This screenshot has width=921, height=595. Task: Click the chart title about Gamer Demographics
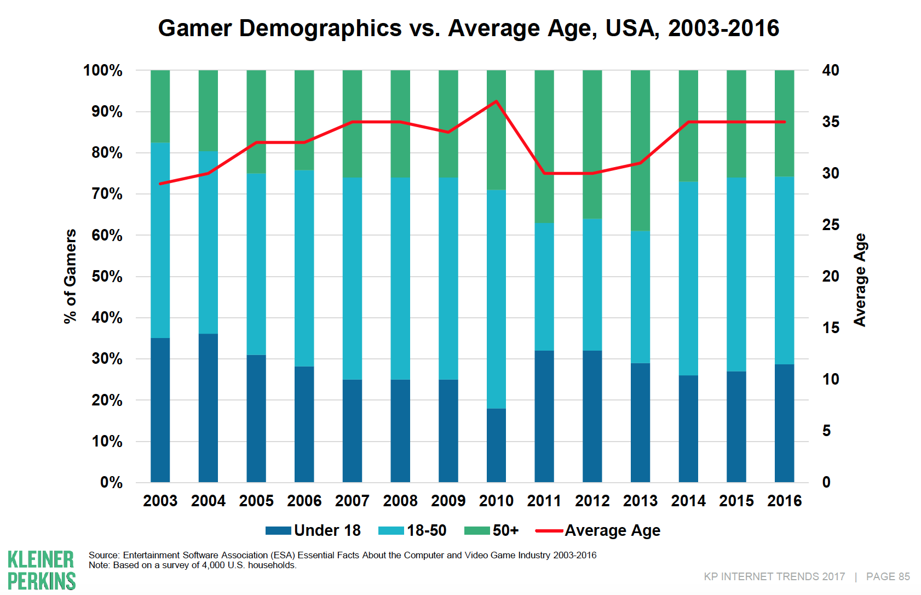(468, 28)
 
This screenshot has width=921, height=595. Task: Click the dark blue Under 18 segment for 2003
(160, 410)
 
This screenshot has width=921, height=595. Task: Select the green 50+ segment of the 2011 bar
(544, 146)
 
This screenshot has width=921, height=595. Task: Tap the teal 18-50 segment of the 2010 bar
(496, 299)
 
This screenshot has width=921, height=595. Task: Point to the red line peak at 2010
(496, 101)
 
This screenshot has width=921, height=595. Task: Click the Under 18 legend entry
(313, 530)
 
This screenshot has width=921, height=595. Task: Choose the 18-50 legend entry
(413, 530)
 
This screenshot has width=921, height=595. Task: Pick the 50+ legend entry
(491, 530)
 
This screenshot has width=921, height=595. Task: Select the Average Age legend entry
(598, 530)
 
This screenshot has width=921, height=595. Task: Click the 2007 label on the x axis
(352, 501)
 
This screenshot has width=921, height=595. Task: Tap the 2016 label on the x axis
(784, 501)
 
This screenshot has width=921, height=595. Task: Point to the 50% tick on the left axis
(107, 276)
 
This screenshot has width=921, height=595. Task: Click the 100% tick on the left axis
(102, 70)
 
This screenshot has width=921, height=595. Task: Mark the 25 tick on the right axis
(831, 225)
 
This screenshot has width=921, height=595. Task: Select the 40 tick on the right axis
(831, 70)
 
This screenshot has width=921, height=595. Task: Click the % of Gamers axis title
(70, 276)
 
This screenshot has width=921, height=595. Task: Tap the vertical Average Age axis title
(860, 279)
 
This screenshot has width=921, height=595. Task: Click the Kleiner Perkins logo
(42, 570)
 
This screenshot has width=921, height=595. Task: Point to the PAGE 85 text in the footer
(888, 576)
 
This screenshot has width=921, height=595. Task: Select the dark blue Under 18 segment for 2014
(688, 428)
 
